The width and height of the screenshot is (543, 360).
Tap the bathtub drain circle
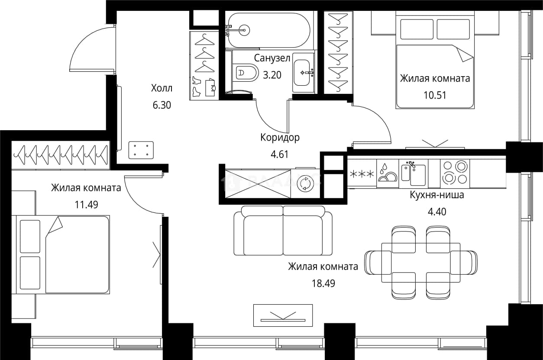244,30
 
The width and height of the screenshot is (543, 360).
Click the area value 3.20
272,75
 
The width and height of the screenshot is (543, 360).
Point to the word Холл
162,88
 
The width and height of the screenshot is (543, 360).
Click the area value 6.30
162,105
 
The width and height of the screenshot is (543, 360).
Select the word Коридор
280,138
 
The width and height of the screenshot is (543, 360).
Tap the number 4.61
279,154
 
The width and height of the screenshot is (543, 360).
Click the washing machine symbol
305,183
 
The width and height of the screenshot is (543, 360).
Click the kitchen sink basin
418,175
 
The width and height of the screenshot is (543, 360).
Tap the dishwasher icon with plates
388,174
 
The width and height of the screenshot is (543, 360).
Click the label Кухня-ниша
437,195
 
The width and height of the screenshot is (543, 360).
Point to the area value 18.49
323,283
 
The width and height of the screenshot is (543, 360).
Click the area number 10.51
435,95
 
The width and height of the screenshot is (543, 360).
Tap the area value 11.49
86,205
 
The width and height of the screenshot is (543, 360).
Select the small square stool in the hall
141,150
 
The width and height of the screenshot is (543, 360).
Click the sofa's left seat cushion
263,235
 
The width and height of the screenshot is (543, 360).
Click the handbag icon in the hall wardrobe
210,87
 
